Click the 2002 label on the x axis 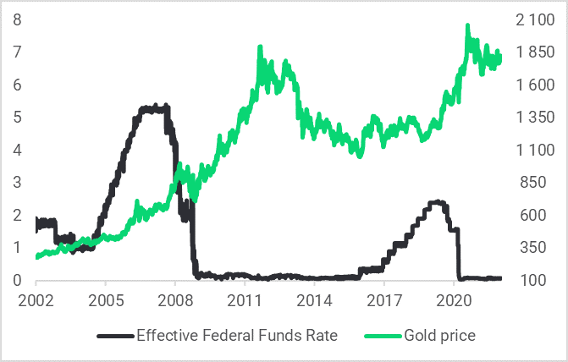(x=36, y=301)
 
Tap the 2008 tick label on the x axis (x=175, y=301)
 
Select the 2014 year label (x=314, y=301)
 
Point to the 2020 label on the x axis (x=454, y=301)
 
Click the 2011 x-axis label (x=245, y=301)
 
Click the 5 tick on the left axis (x=17, y=118)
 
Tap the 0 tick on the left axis (x=17, y=280)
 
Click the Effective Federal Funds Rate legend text (x=237, y=336)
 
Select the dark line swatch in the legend (x=115, y=336)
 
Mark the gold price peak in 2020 (x=467, y=26)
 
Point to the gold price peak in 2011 (x=259, y=48)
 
